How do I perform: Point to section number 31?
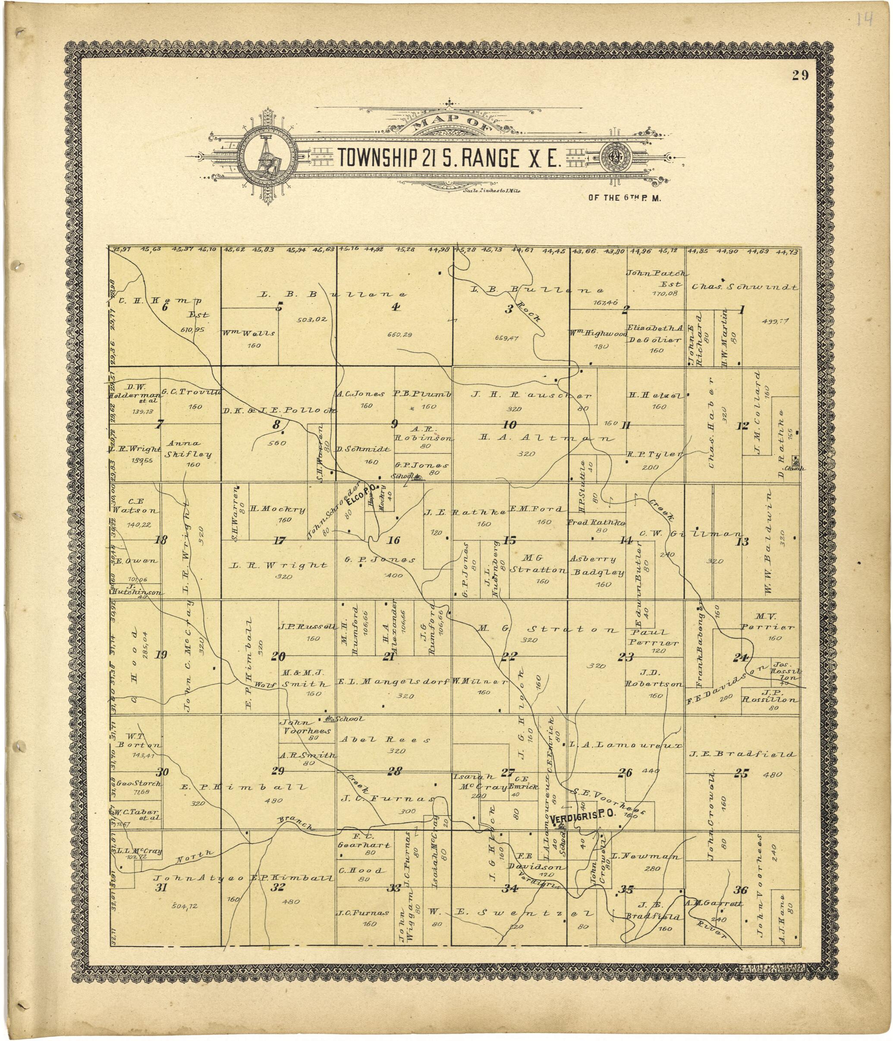(x=161, y=887)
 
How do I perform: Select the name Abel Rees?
(x=385, y=740)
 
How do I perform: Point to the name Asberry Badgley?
(x=597, y=565)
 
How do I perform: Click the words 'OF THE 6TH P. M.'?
(x=625, y=198)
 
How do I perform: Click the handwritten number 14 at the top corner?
(x=865, y=20)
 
